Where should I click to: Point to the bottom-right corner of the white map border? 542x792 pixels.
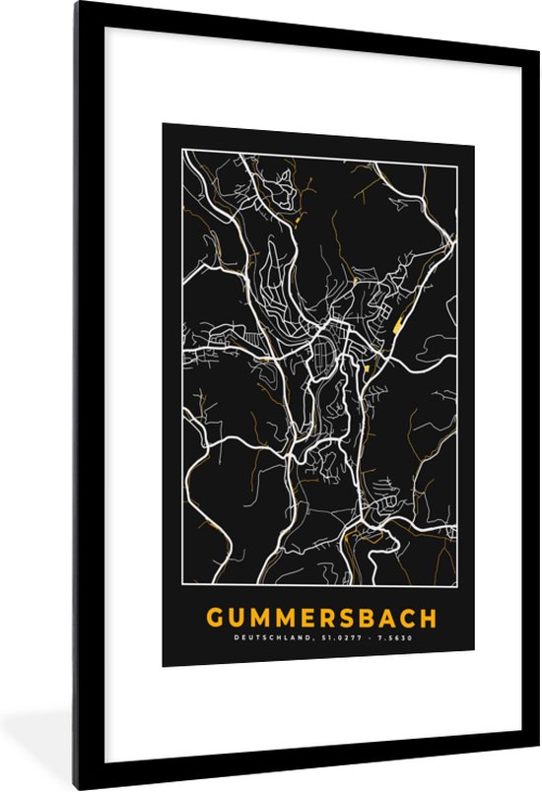[456, 587]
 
